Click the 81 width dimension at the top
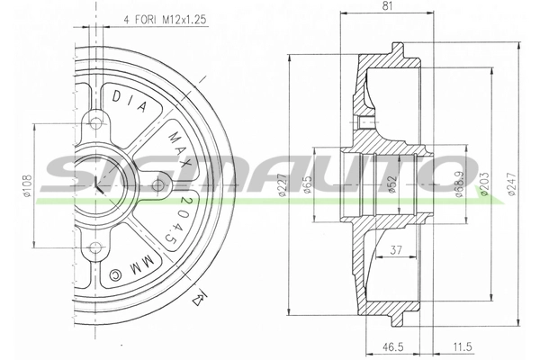[387, 6]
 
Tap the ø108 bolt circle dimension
[28, 186]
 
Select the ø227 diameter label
[283, 184]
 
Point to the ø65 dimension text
[307, 184]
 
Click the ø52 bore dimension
[393, 184]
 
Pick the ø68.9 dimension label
[461, 184]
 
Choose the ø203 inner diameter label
[485, 184]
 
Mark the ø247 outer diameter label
[512, 184]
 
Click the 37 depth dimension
[396, 250]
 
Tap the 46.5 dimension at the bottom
[393, 346]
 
